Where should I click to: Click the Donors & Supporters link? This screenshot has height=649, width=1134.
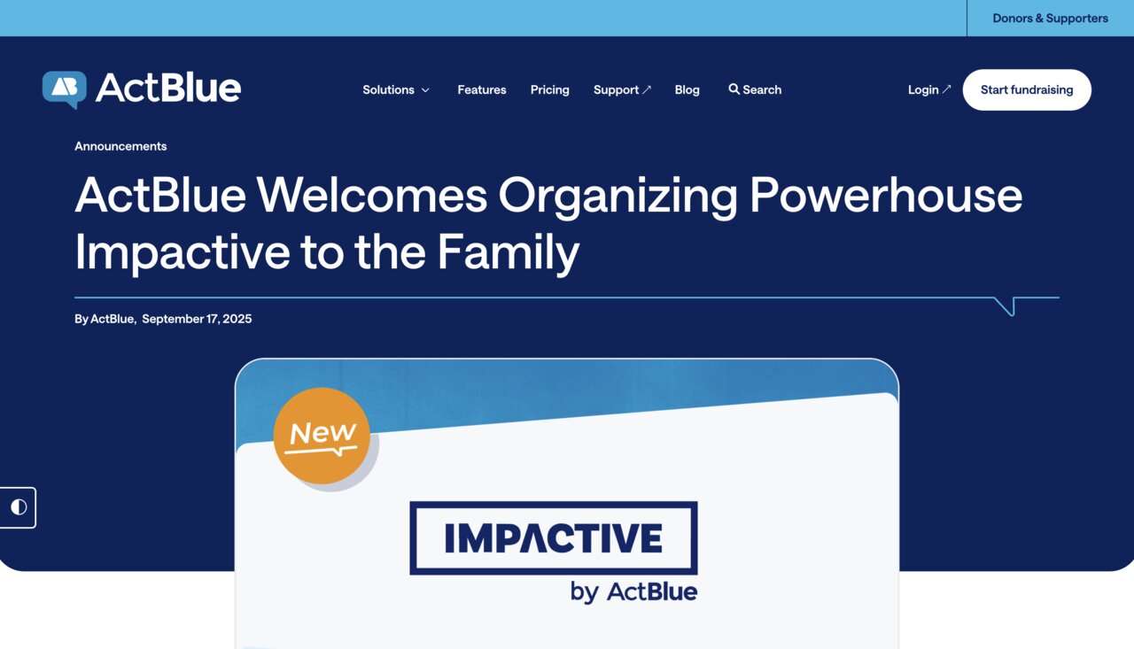pos(1050,18)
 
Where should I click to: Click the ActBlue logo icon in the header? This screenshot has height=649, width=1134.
pos(65,89)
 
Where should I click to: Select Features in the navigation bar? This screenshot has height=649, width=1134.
pos(482,89)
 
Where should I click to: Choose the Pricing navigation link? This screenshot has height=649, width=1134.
pos(549,89)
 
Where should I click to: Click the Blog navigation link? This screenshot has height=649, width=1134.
pos(687,89)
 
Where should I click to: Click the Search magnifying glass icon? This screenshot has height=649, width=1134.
pos(734,89)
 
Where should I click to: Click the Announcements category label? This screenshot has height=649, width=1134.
pos(120,146)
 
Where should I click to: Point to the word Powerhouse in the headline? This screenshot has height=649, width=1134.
pos(885,196)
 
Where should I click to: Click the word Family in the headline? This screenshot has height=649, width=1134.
pos(508,252)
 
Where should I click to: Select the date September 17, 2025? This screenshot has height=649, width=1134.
pos(197,319)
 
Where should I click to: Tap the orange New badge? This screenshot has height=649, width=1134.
pos(322,436)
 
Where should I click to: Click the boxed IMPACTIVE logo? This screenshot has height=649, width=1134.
pos(554,537)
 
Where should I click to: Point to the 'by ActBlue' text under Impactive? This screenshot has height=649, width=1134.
pos(633,591)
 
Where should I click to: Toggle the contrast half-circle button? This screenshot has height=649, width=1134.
pos(19,507)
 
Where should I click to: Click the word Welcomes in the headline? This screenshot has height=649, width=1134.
pos(372,196)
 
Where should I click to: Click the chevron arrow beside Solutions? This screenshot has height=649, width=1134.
pos(425,90)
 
